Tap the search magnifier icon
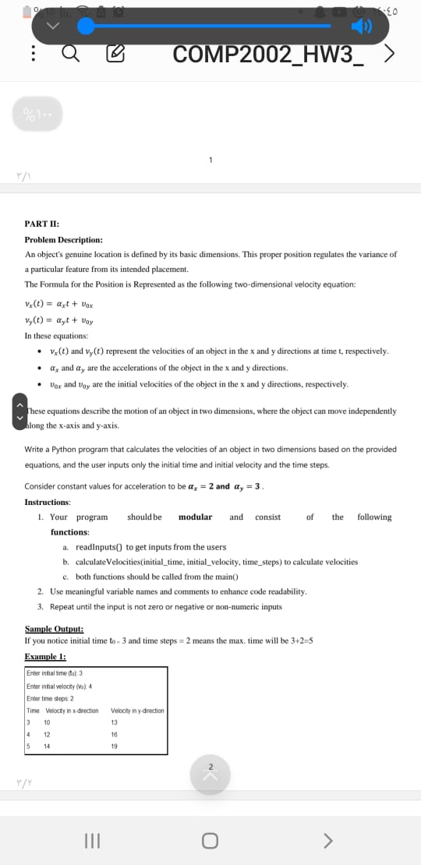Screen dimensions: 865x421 69,55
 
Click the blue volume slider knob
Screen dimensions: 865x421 87,27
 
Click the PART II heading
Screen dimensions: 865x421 40,225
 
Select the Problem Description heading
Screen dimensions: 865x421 63,240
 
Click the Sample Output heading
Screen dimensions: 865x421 54,629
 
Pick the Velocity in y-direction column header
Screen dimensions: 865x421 137,710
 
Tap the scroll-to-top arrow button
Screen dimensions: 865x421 210,754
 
